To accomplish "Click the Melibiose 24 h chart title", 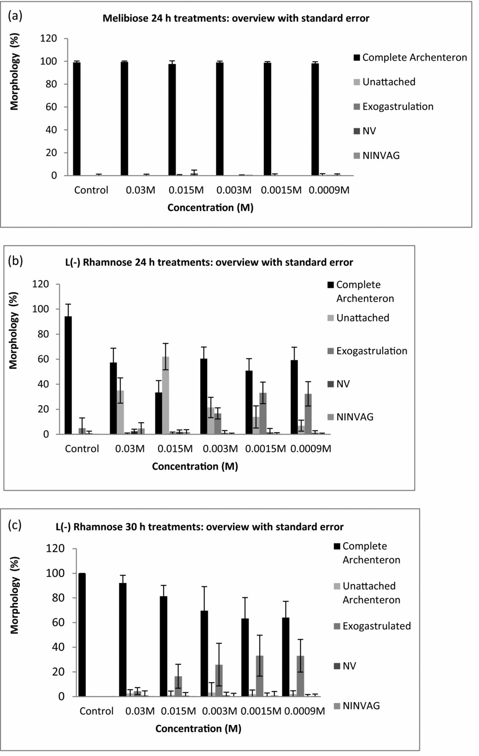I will (x=236, y=18).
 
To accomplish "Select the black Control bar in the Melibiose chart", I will (x=77, y=119).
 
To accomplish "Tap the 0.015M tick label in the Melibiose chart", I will (x=185, y=190).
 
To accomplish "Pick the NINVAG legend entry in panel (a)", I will (x=380, y=155).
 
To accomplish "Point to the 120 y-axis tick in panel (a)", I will (x=49, y=38).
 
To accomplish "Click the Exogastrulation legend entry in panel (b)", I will (x=371, y=351).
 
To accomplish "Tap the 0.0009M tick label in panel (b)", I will (x=310, y=448).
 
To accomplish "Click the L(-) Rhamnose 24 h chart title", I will (x=209, y=262).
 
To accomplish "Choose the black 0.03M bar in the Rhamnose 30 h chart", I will (x=122, y=639).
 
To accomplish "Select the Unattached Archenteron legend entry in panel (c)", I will (x=371, y=593).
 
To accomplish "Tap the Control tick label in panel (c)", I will (x=97, y=711).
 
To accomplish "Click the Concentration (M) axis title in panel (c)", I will (x=198, y=728).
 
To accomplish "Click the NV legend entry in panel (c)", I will (x=349, y=666).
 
